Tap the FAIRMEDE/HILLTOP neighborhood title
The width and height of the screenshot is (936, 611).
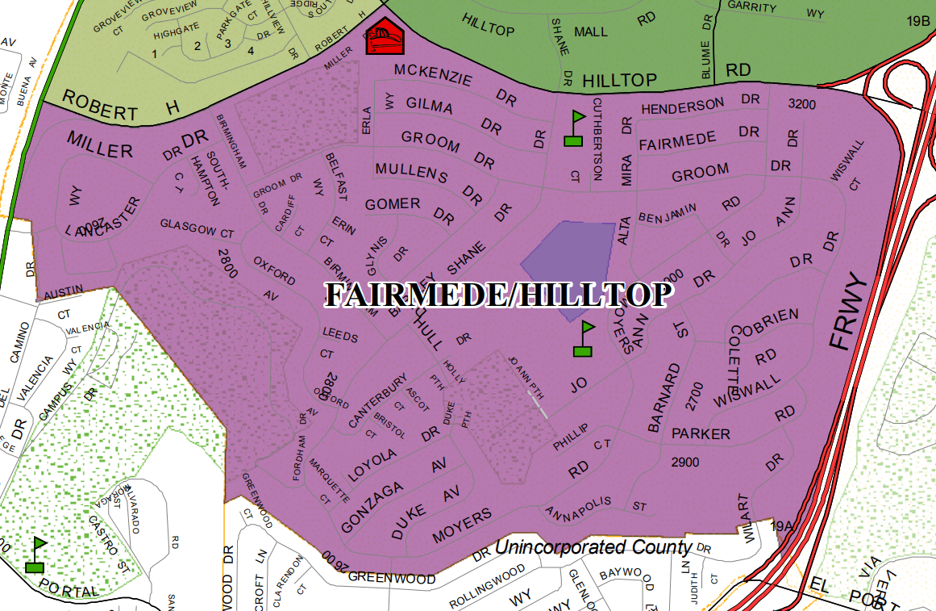point(497,296)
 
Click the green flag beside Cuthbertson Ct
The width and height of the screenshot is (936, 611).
point(573,128)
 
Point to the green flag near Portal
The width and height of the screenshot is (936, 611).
point(35,555)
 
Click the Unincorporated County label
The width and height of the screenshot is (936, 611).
point(593,547)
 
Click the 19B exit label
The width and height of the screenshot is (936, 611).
point(917,22)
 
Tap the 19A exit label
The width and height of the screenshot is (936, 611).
point(782,526)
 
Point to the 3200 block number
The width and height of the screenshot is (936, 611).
point(801,104)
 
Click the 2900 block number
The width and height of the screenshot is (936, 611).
point(684,462)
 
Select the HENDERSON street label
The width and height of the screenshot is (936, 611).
point(683,106)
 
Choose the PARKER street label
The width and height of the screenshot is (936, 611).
point(701,434)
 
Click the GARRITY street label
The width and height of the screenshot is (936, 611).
point(751,7)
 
